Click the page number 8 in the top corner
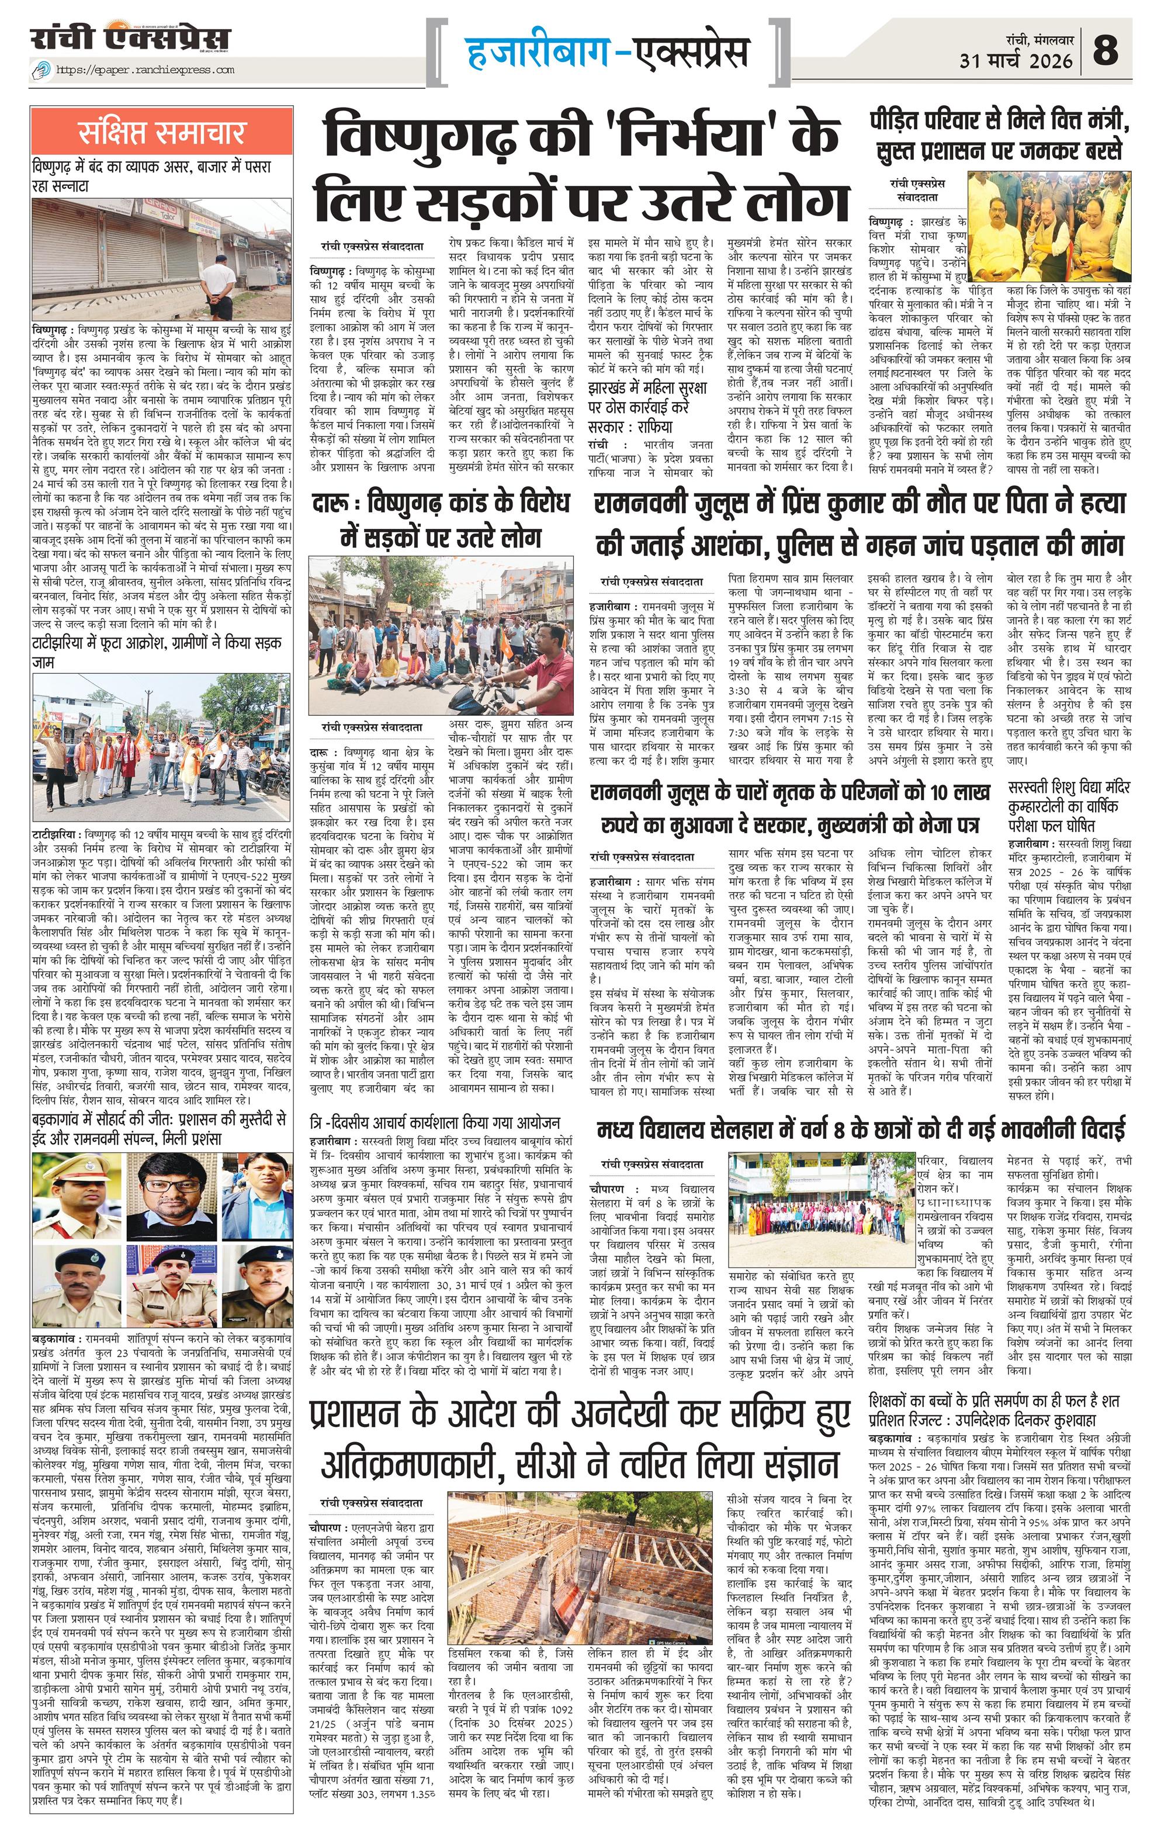coord(1105,50)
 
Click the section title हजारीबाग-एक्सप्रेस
coord(605,51)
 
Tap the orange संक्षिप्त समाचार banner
coord(162,132)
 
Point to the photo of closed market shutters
coord(162,259)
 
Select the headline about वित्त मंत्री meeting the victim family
coord(1000,134)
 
